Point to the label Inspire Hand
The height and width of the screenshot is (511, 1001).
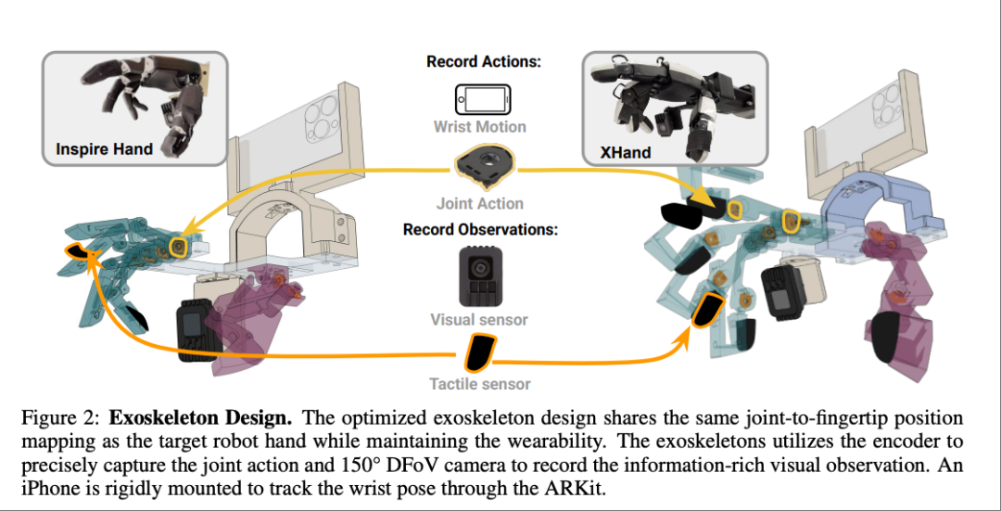click(104, 148)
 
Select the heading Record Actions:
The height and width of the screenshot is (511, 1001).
click(484, 62)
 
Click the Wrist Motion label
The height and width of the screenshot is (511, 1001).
click(479, 126)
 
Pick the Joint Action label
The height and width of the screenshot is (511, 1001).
click(479, 203)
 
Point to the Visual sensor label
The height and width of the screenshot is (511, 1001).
click(479, 320)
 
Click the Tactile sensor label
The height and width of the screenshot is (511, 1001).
click(479, 383)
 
